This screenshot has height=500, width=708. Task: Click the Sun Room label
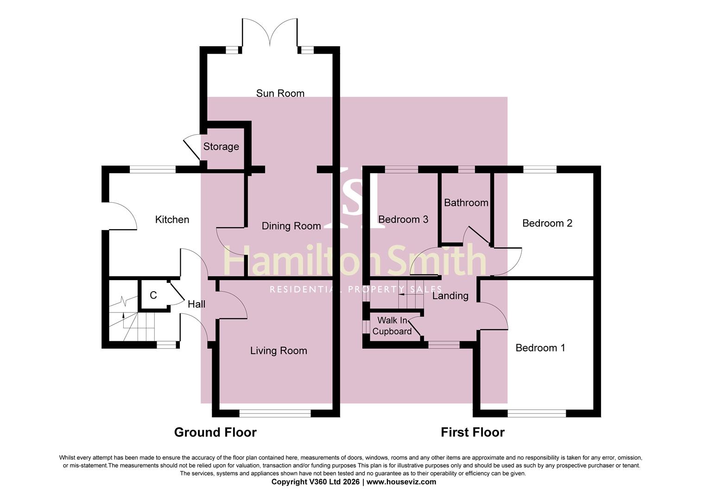pos(280,93)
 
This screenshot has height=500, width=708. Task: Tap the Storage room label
pos(221,146)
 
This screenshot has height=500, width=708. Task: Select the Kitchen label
pos(172,219)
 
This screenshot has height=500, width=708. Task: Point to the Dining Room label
pos(291,226)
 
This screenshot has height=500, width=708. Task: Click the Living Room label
pos(278,351)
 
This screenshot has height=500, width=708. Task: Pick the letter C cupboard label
pos(153,295)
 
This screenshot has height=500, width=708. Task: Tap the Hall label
pos(196,304)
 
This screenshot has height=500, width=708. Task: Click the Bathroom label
pos(466,203)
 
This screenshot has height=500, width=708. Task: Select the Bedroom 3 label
pos(403,219)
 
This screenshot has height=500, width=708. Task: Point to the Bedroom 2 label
pos(547,223)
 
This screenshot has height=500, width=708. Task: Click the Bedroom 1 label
pos(540,348)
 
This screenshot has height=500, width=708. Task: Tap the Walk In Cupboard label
pos(392,326)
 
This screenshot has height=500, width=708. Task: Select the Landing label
pos(450,296)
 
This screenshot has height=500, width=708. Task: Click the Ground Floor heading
pos(215,432)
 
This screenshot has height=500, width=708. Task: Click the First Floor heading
pos(472,432)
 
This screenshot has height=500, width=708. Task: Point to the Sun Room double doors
pos(270,33)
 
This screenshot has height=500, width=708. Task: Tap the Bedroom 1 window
pos(537,413)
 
